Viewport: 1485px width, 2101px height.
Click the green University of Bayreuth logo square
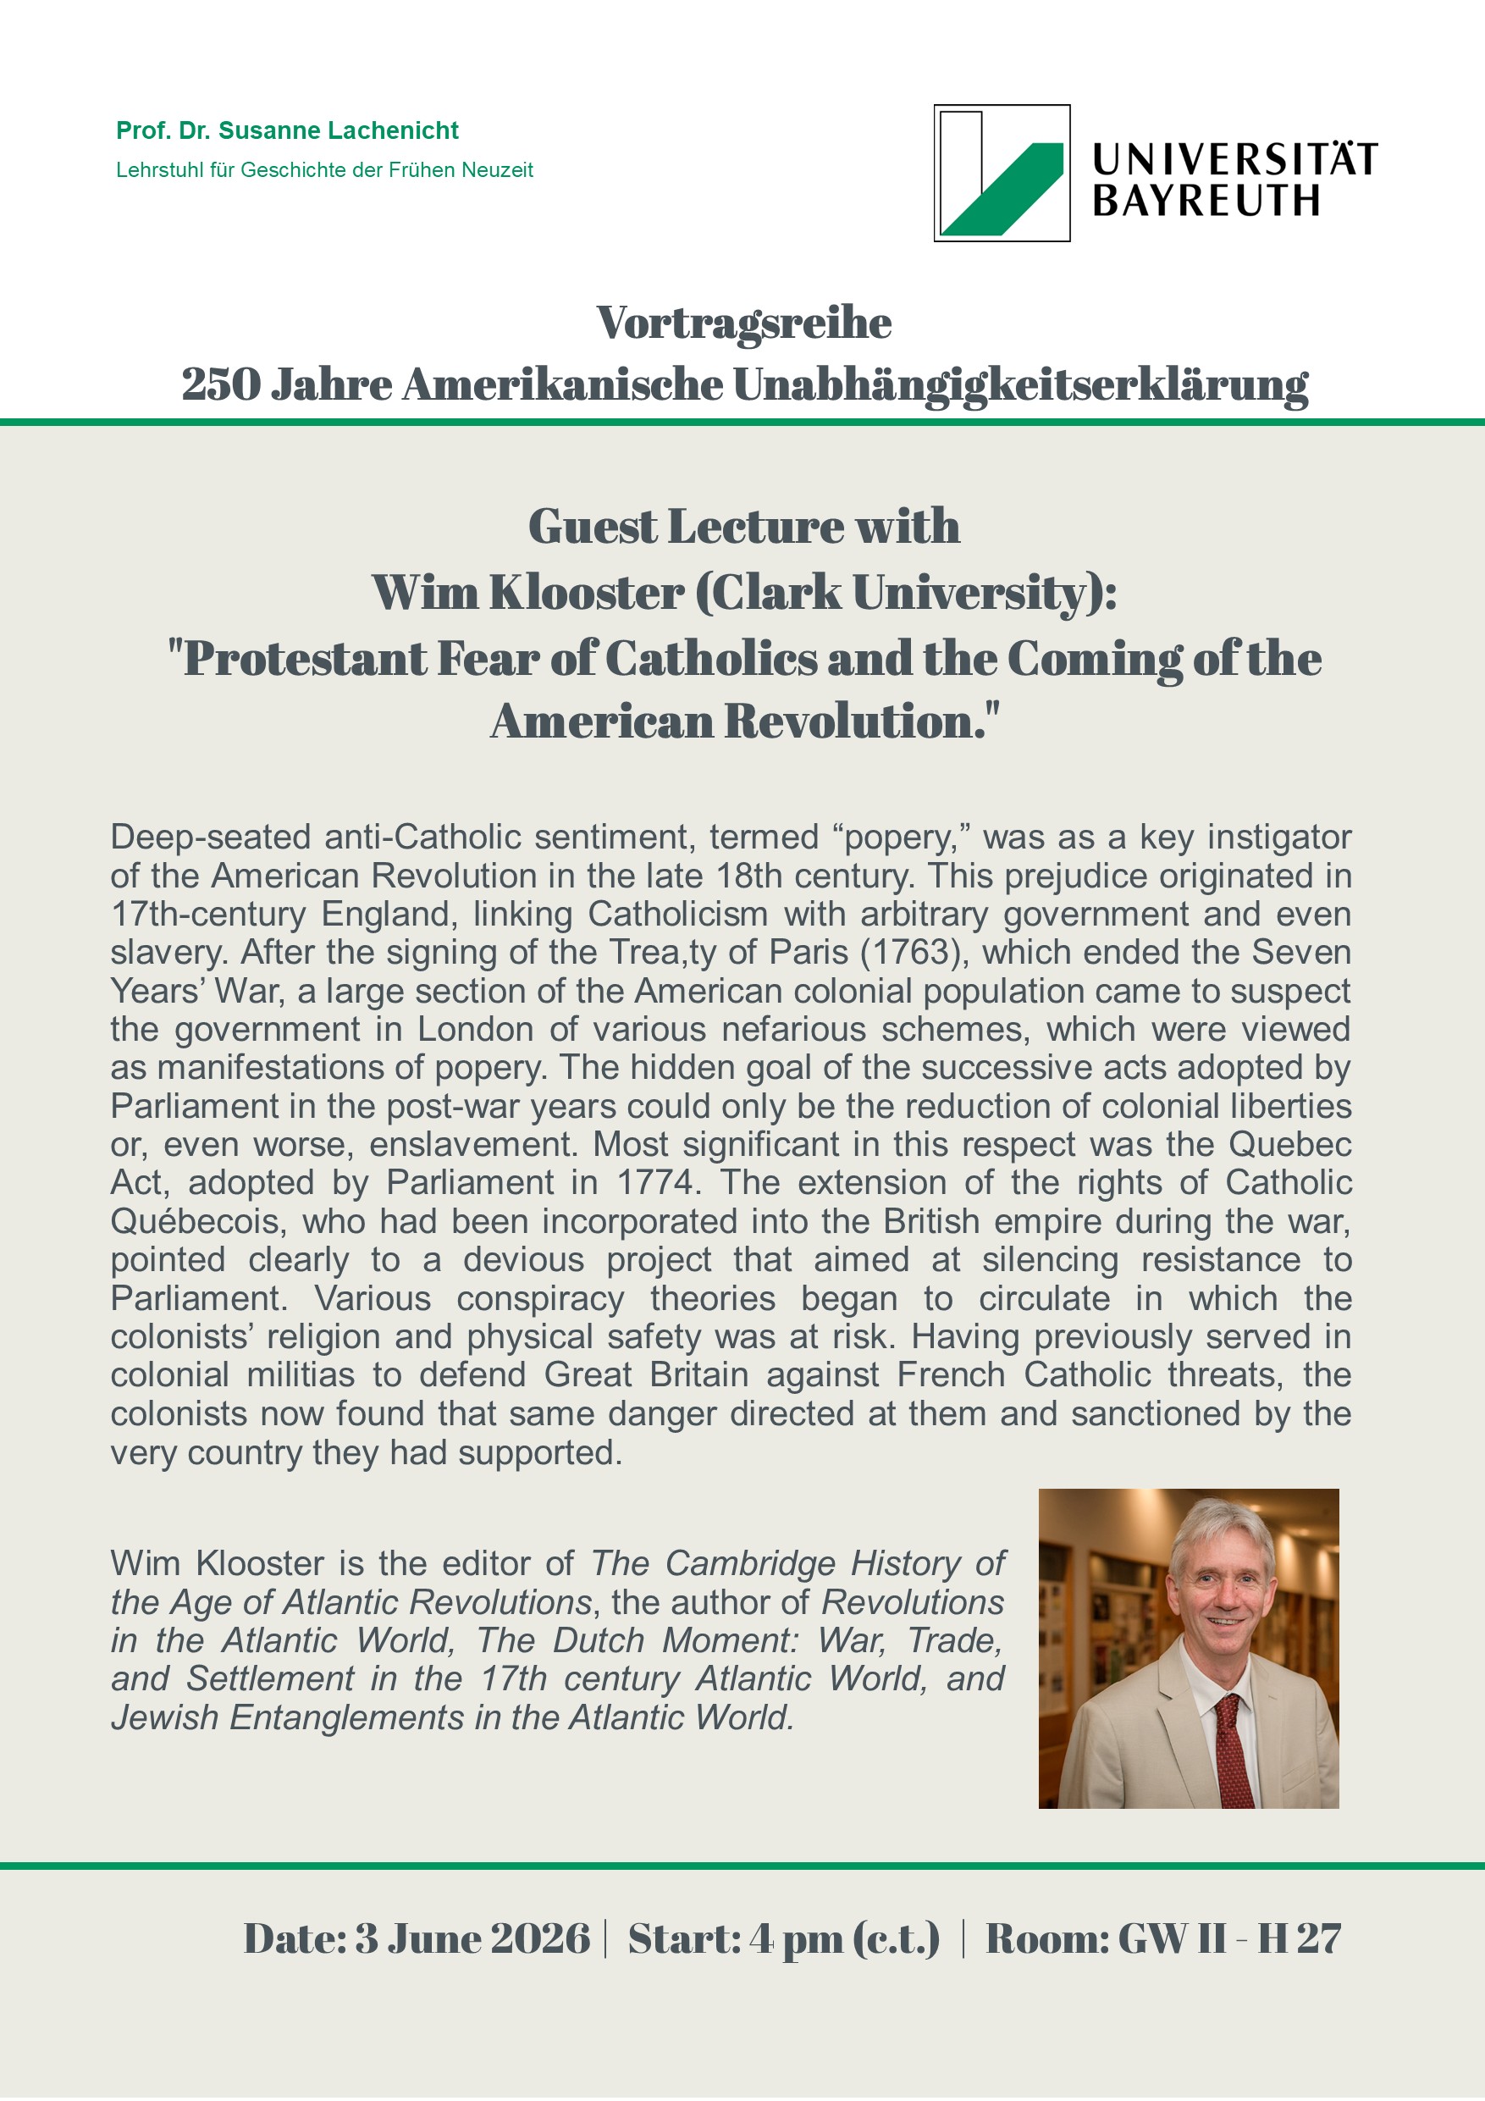point(1002,173)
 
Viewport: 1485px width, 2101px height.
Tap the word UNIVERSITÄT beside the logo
point(1234,159)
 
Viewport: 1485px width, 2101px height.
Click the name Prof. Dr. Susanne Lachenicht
point(287,131)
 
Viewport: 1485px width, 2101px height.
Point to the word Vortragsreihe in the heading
point(744,323)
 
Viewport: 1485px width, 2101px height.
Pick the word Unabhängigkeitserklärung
point(1020,384)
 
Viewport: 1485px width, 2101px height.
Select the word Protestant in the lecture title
point(305,659)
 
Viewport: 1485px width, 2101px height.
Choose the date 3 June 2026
point(472,1938)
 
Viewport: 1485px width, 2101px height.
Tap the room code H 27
point(1299,1938)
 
